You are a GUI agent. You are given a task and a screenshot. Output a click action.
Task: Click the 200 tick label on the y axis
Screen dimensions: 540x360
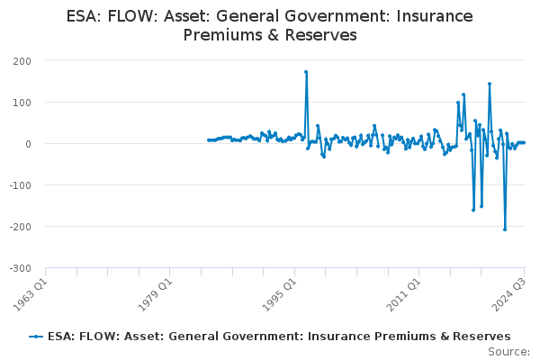point(22,61)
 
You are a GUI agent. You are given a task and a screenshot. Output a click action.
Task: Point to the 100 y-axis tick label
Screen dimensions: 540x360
point(22,103)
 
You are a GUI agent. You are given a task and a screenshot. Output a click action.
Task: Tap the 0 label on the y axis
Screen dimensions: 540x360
point(28,144)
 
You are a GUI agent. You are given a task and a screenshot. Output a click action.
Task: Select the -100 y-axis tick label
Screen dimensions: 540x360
point(21,185)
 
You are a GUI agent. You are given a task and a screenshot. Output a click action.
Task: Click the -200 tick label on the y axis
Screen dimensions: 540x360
point(21,227)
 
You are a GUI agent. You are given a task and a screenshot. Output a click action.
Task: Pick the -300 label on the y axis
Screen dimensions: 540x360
point(21,268)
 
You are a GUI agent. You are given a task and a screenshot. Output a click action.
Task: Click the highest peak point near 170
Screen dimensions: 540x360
point(306,72)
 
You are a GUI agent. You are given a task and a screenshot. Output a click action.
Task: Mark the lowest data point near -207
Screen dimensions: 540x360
point(505,229)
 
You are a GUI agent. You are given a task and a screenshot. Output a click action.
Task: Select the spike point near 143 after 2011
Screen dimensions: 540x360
point(490,84)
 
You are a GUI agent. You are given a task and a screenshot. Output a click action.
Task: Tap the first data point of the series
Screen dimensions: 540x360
point(209,140)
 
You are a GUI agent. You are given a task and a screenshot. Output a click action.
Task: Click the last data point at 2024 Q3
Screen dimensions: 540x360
point(524,142)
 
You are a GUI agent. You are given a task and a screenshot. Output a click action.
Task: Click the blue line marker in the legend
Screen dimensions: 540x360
point(36,337)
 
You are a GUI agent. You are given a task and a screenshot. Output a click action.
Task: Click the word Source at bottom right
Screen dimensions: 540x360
point(508,352)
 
